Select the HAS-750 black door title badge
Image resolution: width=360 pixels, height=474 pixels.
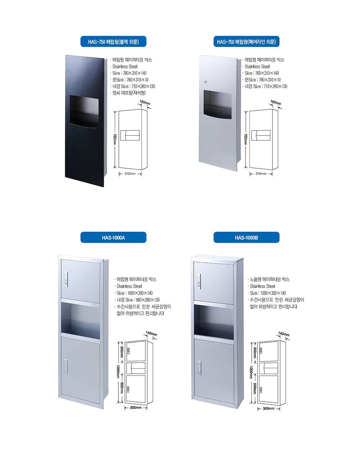(x=113, y=41)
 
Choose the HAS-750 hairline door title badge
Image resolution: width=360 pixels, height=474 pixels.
(x=246, y=41)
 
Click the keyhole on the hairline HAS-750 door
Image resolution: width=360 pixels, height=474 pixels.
(x=205, y=82)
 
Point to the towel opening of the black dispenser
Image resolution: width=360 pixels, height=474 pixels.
(x=84, y=111)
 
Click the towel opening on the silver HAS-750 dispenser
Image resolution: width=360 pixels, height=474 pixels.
(x=217, y=104)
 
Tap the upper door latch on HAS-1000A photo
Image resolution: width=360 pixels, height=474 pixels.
(x=66, y=279)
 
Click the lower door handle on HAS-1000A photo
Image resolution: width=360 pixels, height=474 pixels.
(x=66, y=367)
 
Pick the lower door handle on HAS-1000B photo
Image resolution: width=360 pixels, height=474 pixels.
(x=199, y=368)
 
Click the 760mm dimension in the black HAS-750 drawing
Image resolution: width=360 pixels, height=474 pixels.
(x=115, y=139)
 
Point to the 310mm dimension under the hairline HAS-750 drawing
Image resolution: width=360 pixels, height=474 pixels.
(x=261, y=173)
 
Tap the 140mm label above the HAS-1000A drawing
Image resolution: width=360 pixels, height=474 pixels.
(x=151, y=333)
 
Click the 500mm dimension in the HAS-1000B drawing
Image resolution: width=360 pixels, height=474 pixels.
(x=255, y=388)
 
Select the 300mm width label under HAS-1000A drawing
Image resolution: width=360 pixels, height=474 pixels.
(x=135, y=407)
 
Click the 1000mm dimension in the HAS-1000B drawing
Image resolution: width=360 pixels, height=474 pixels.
(x=251, y=372)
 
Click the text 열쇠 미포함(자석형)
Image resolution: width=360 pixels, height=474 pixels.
(x=129, y=93)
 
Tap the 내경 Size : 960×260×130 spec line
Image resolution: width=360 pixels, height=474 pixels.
(x=138, y=300)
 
